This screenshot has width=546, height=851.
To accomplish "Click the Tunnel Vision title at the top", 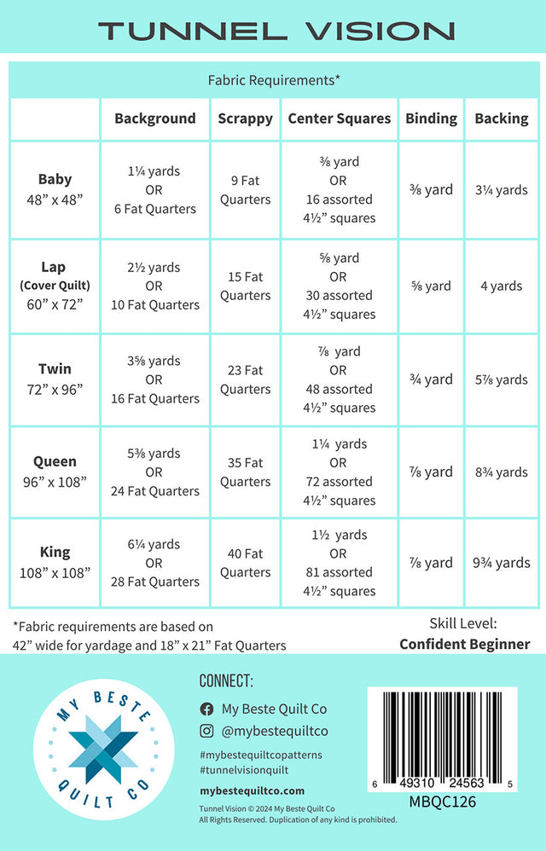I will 276,32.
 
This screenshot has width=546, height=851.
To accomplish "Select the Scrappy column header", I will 245,119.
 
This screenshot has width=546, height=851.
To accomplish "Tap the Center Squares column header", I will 340,119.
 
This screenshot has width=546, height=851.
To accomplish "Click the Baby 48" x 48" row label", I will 55,189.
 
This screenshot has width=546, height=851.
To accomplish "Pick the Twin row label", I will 55,379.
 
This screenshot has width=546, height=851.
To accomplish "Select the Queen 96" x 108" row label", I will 55,472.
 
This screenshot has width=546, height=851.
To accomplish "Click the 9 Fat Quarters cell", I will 245,190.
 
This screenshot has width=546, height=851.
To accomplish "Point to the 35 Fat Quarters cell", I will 245,472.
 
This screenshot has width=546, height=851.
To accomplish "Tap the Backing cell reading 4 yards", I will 501,287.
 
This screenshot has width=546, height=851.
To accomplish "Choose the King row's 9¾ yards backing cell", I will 501,563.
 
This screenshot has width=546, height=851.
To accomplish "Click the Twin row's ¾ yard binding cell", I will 431,379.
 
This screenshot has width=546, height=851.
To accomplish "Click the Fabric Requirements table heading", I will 274,80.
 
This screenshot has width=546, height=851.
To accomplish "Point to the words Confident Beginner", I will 465,645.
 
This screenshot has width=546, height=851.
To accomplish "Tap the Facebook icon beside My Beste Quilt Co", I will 206,709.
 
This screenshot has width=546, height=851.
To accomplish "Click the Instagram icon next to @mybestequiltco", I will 206,731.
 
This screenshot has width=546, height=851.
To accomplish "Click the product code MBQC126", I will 442,802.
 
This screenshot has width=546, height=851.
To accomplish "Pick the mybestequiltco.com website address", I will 252,790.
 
